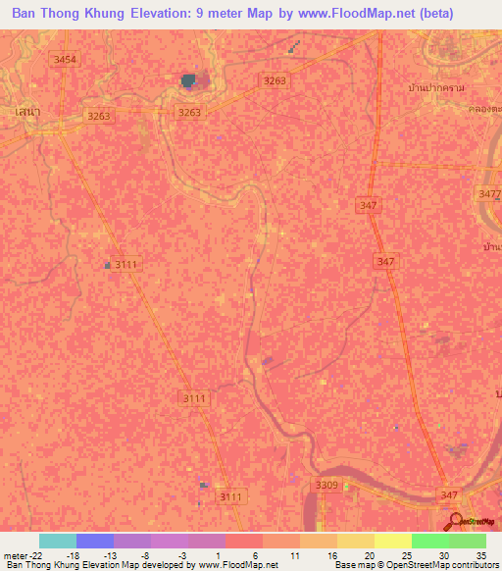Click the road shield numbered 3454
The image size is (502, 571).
[x=65, y=60]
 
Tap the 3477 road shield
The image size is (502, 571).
[x=488, y=194]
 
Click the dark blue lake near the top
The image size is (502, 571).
[x=188, y=80]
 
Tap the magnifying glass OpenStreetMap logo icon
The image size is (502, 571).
[x=455, y=520]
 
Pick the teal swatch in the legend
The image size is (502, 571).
[x=57, y=541]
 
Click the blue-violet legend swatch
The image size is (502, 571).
[x=94, y=541]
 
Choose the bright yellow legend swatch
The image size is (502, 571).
[x=392, y=541]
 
